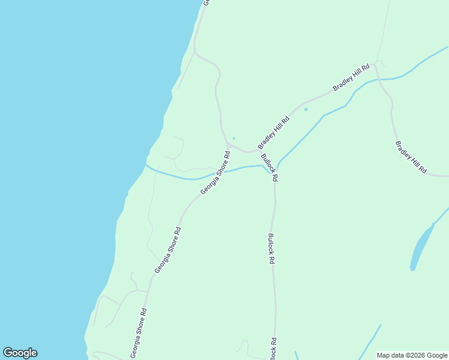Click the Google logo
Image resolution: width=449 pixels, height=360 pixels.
(20, 353)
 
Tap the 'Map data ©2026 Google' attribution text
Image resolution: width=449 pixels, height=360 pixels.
(412, 355)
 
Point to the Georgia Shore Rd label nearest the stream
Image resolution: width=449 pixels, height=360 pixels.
(215, 172)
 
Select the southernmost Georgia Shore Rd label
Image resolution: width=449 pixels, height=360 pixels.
(139, 334)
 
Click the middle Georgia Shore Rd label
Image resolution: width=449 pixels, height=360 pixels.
(167, 250)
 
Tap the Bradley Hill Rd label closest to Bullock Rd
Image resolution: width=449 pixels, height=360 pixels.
(274, 133)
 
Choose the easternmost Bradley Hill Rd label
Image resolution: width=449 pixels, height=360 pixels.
(411, 158)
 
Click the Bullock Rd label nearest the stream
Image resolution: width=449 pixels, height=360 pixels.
(270, 170)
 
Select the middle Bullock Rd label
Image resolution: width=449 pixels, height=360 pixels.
(271, 249)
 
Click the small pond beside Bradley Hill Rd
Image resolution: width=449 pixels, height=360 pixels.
(306, 109)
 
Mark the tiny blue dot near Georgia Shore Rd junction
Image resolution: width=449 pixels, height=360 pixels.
(234, 139)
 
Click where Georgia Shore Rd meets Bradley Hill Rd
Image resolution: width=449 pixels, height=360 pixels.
(228, 145)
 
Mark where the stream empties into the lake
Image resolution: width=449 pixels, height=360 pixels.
(146, 164)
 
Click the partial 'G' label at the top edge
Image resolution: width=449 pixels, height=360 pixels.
(205, 2)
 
